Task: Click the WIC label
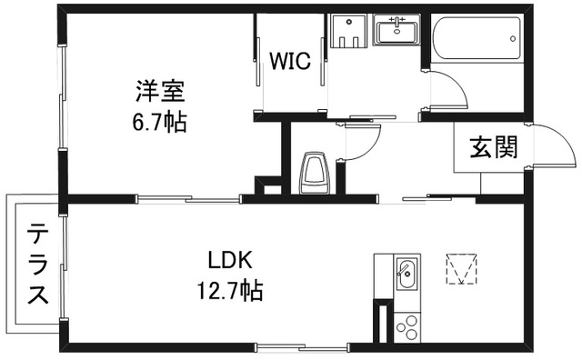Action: point(290,62)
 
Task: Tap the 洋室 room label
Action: point(161,91)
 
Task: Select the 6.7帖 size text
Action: point(161,122)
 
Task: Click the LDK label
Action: point(228,261)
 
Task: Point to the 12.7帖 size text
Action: point(228,292)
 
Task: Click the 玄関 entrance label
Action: point(493,148)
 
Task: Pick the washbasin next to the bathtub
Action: point(396,32)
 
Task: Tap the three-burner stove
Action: point(406,325)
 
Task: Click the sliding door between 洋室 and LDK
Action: point(191,198)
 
